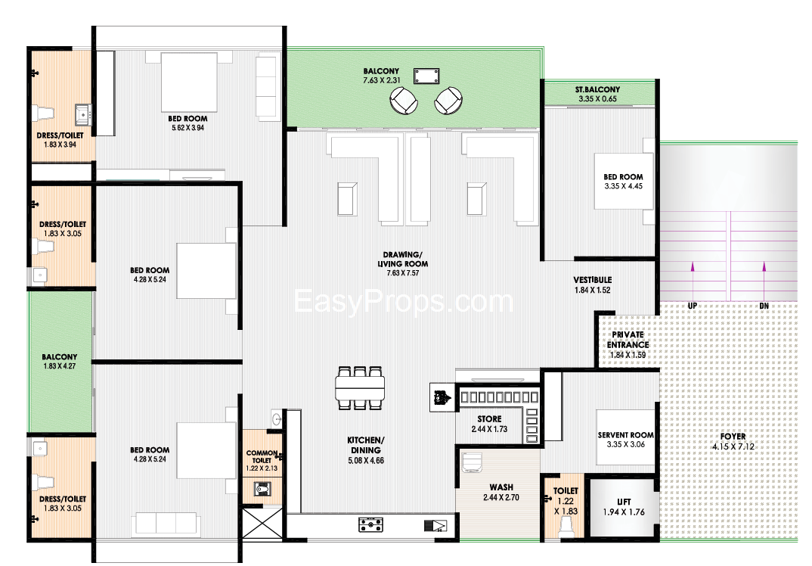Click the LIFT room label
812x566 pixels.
(624, 502)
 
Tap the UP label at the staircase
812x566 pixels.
(693, 306)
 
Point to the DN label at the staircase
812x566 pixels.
(764, 306)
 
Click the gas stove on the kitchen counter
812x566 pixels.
(370, 524)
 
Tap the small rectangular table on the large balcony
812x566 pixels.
(426, 76)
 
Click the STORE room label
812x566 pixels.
(489, 418)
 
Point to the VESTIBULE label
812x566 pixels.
(593, 280)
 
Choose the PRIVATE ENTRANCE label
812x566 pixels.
(628, 340)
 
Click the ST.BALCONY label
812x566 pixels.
(597, 89)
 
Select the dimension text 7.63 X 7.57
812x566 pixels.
(403, 273)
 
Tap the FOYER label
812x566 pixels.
(733, 437)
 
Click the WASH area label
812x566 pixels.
(501, 487)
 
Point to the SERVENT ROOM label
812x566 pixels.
(625, 435)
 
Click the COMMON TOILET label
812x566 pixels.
(262, 456)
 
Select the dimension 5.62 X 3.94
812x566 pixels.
(188, 128)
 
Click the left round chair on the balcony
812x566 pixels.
(404, 100)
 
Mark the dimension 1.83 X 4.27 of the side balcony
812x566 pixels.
(60, 366)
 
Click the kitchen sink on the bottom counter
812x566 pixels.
(435, 526)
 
